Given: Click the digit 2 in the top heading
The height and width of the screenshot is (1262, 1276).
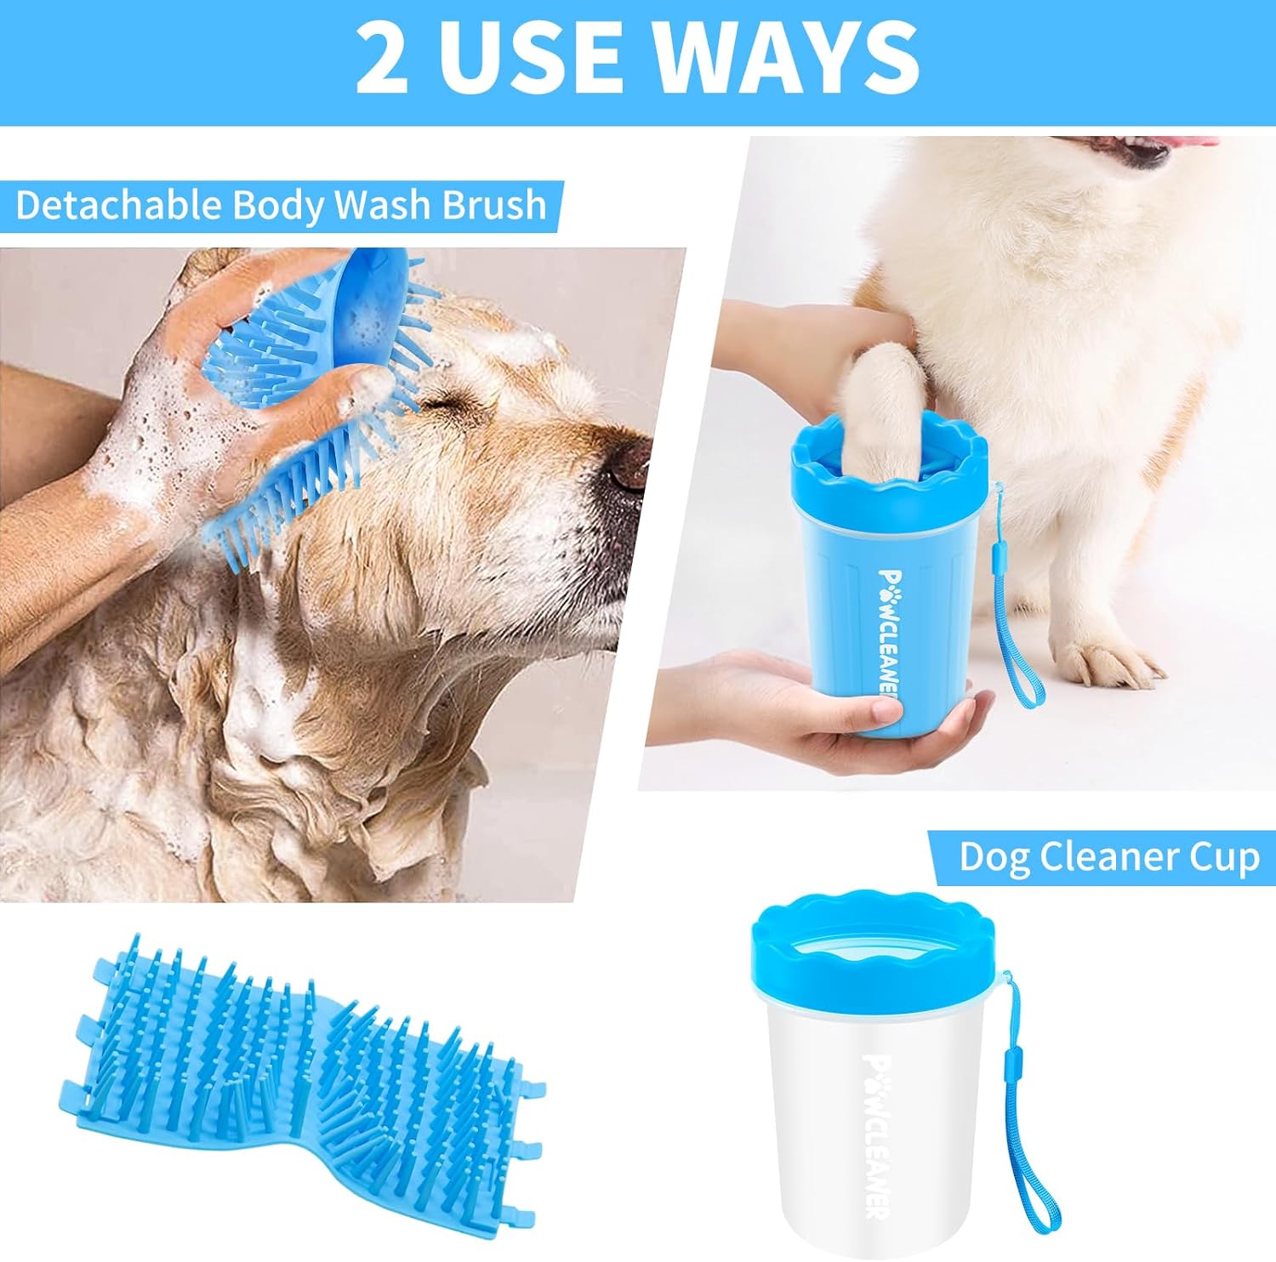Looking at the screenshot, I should tap(382, 57).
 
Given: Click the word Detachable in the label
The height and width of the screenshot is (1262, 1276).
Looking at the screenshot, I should tap(119, 206).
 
